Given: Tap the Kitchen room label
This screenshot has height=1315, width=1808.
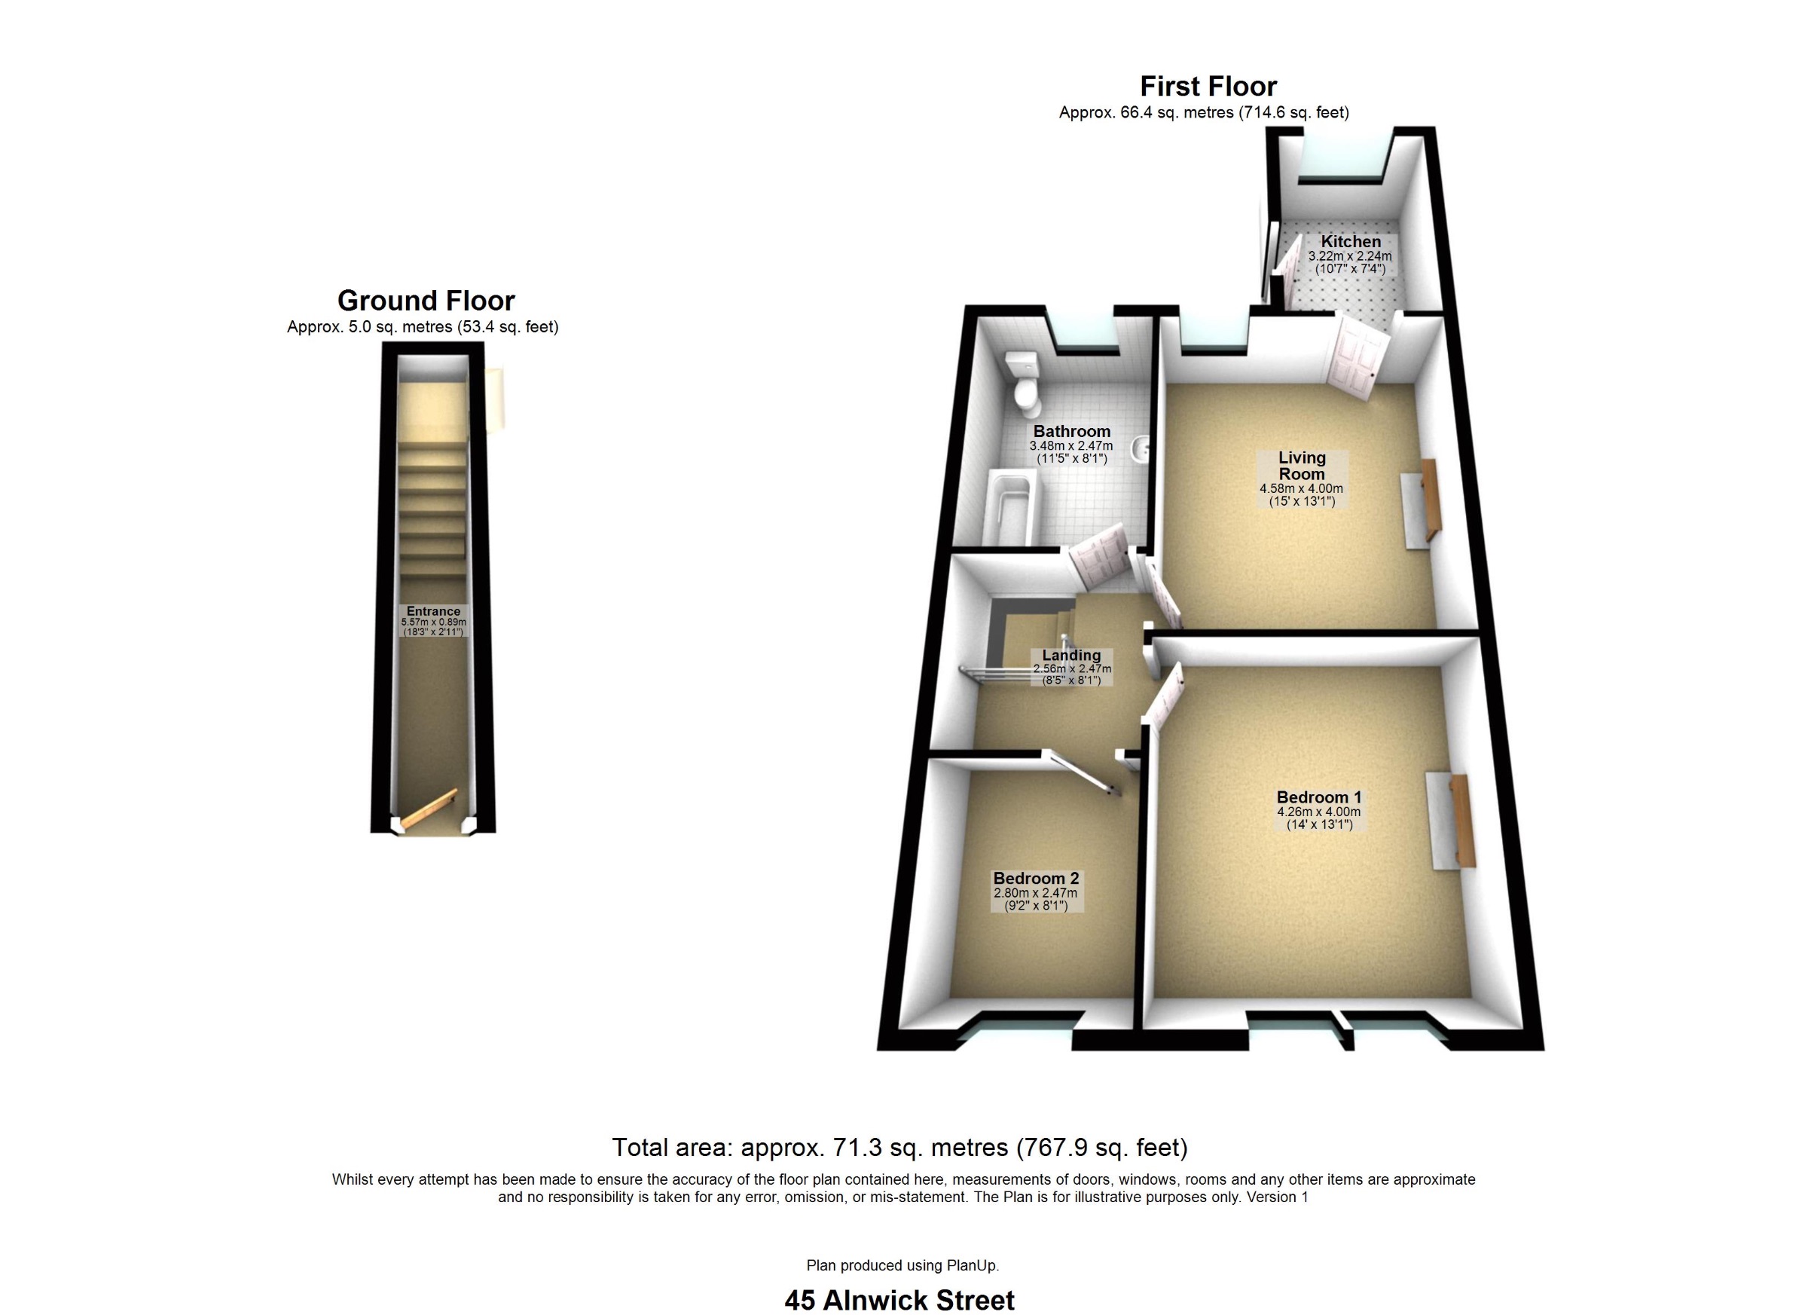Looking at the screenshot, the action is pyautogui.click(x=1351, y=242).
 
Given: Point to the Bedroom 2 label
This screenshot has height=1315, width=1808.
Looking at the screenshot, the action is pyautogui.click(x=1036, y=878).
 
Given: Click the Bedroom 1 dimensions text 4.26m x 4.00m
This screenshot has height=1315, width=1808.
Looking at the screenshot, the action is pyautogui.click(x=1318, y=812).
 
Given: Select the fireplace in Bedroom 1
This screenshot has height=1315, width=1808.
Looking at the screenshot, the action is pyautogui.click(x=1451, y=821).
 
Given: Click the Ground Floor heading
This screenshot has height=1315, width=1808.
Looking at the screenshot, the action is pyautogui.click(x=426, y=301).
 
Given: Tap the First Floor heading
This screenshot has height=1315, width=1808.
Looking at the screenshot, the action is pyautogui.click(x=1208, y=86).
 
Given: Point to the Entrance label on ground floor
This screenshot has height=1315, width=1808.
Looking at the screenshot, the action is pyautogui.click(x=434, y=612).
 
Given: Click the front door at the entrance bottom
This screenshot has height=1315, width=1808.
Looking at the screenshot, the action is pyautogui.click(x=429, y=809).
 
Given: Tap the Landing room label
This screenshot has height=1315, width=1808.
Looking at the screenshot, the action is pyautogui.click(x=1071, y=656).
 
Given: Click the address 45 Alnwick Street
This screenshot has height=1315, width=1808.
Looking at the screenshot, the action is pyautogui.click(x=899, y=1301).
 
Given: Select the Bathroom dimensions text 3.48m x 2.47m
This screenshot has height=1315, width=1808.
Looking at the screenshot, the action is pyautogui.click(x=1070, y=447).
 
